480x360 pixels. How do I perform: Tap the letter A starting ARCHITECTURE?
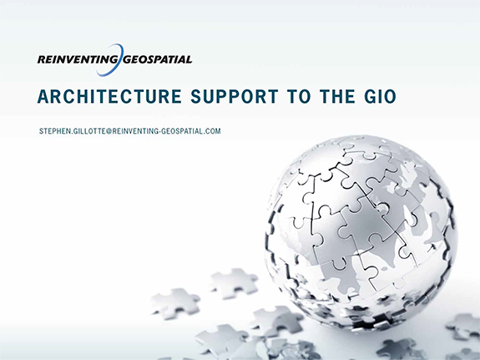click(43, 98)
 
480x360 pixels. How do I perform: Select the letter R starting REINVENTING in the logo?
click(42, 59)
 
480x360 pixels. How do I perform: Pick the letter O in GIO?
click(389, 98)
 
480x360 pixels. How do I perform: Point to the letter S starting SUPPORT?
click(197, 98)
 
